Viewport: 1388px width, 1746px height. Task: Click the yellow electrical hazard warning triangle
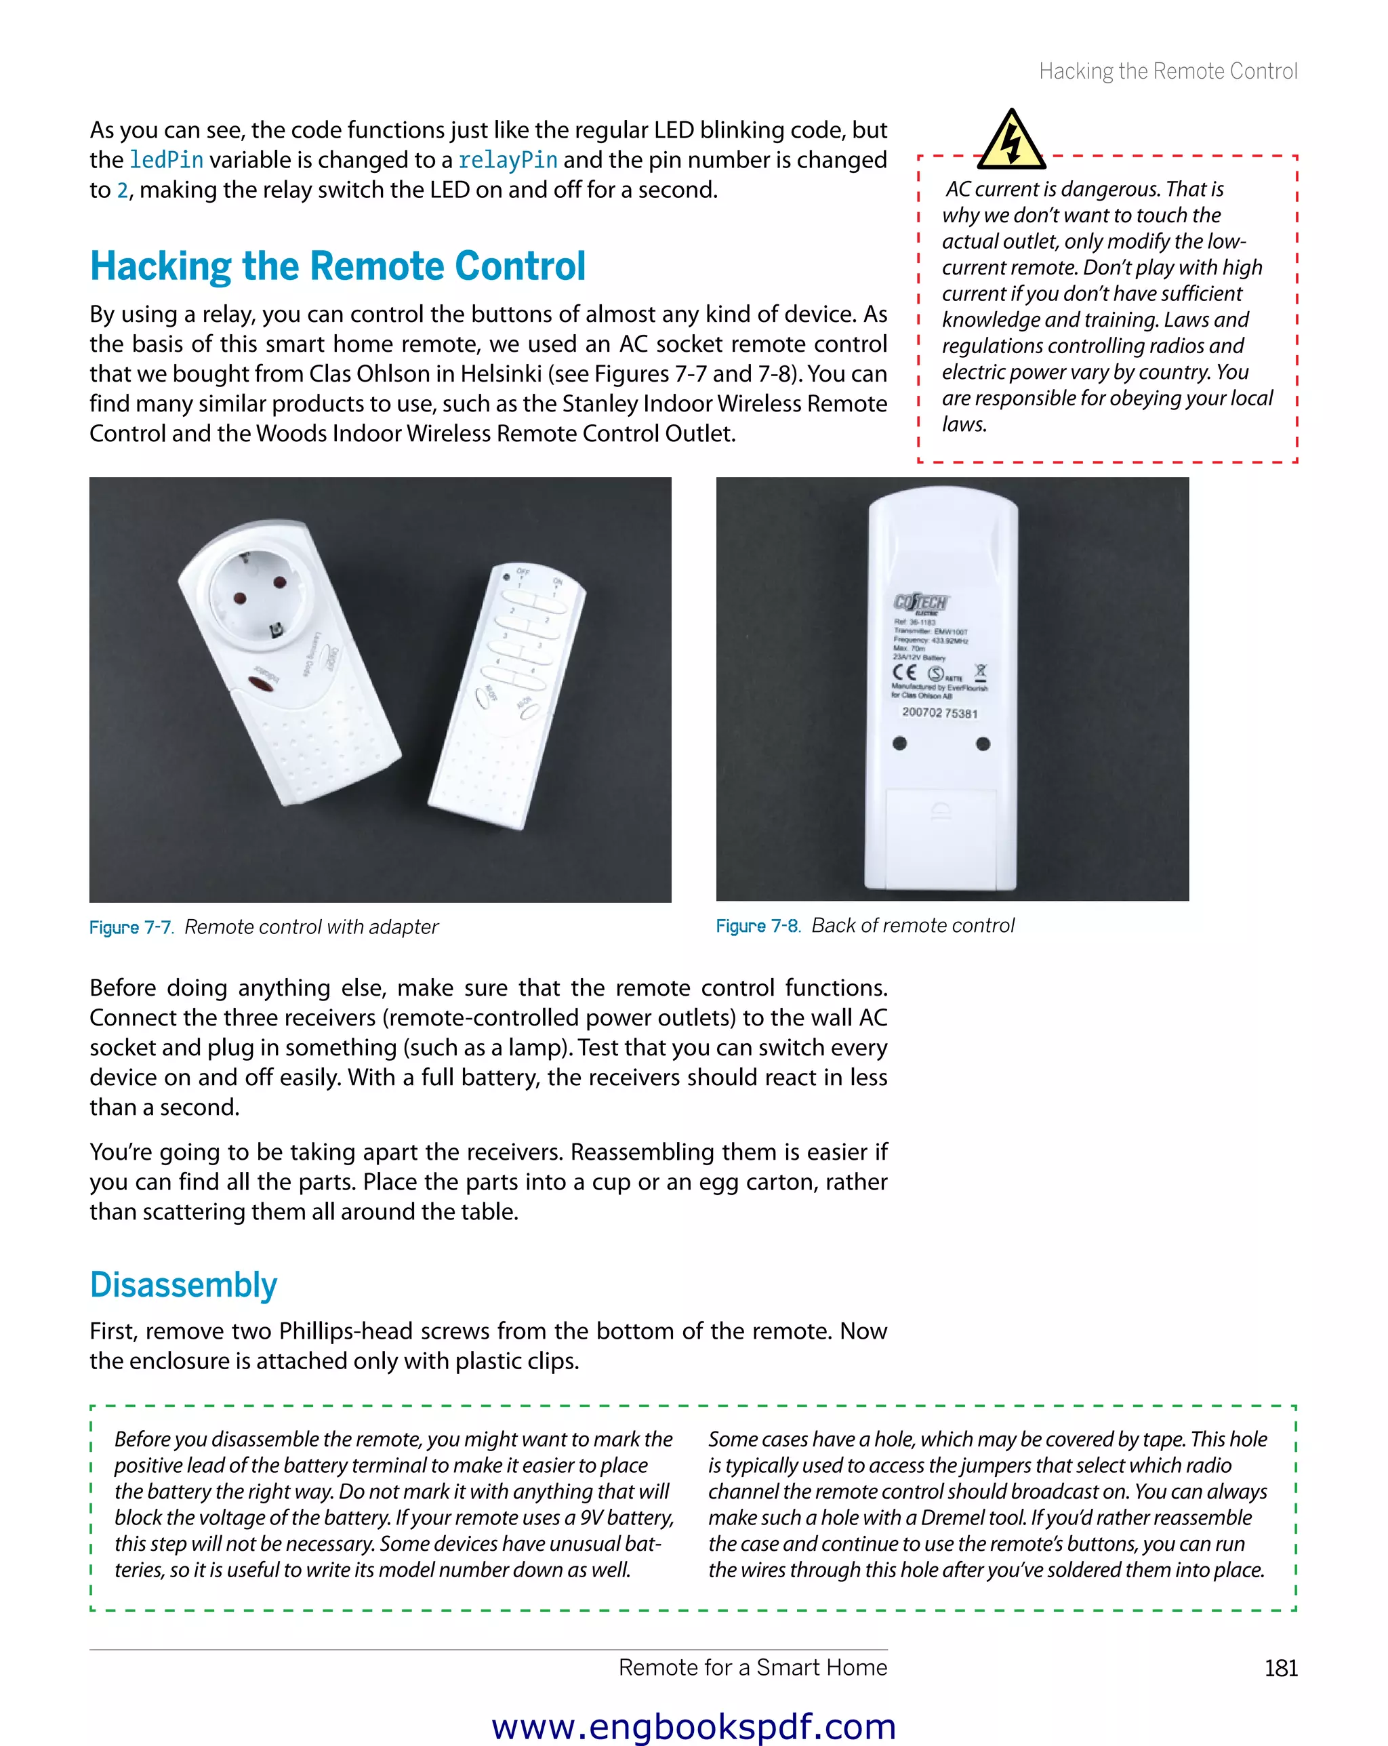tap(1011, 141)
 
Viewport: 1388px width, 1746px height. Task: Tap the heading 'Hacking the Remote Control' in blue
tap(338, 266)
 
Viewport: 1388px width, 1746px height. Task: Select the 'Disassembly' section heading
tap(184, 1285)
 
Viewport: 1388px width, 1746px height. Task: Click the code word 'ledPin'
tap(166, 161)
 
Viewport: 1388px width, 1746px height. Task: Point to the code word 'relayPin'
tap(508, 161)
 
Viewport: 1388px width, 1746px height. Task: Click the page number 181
tap(1280, 1668)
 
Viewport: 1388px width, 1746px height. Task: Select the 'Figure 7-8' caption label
tap(758, 926)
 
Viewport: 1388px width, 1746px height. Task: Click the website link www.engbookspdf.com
tap(694, 1726)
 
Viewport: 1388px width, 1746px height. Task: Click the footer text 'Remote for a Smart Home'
tap(752, 1667)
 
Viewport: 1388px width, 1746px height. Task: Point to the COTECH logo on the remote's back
tap(921, 603)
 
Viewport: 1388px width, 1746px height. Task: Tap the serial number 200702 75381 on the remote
tap(939, 712)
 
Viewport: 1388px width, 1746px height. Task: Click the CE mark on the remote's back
tap(905, 672)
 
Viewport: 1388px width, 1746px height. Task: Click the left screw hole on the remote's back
tap(899, 744)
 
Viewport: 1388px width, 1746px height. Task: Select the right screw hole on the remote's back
tap(983, 744)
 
